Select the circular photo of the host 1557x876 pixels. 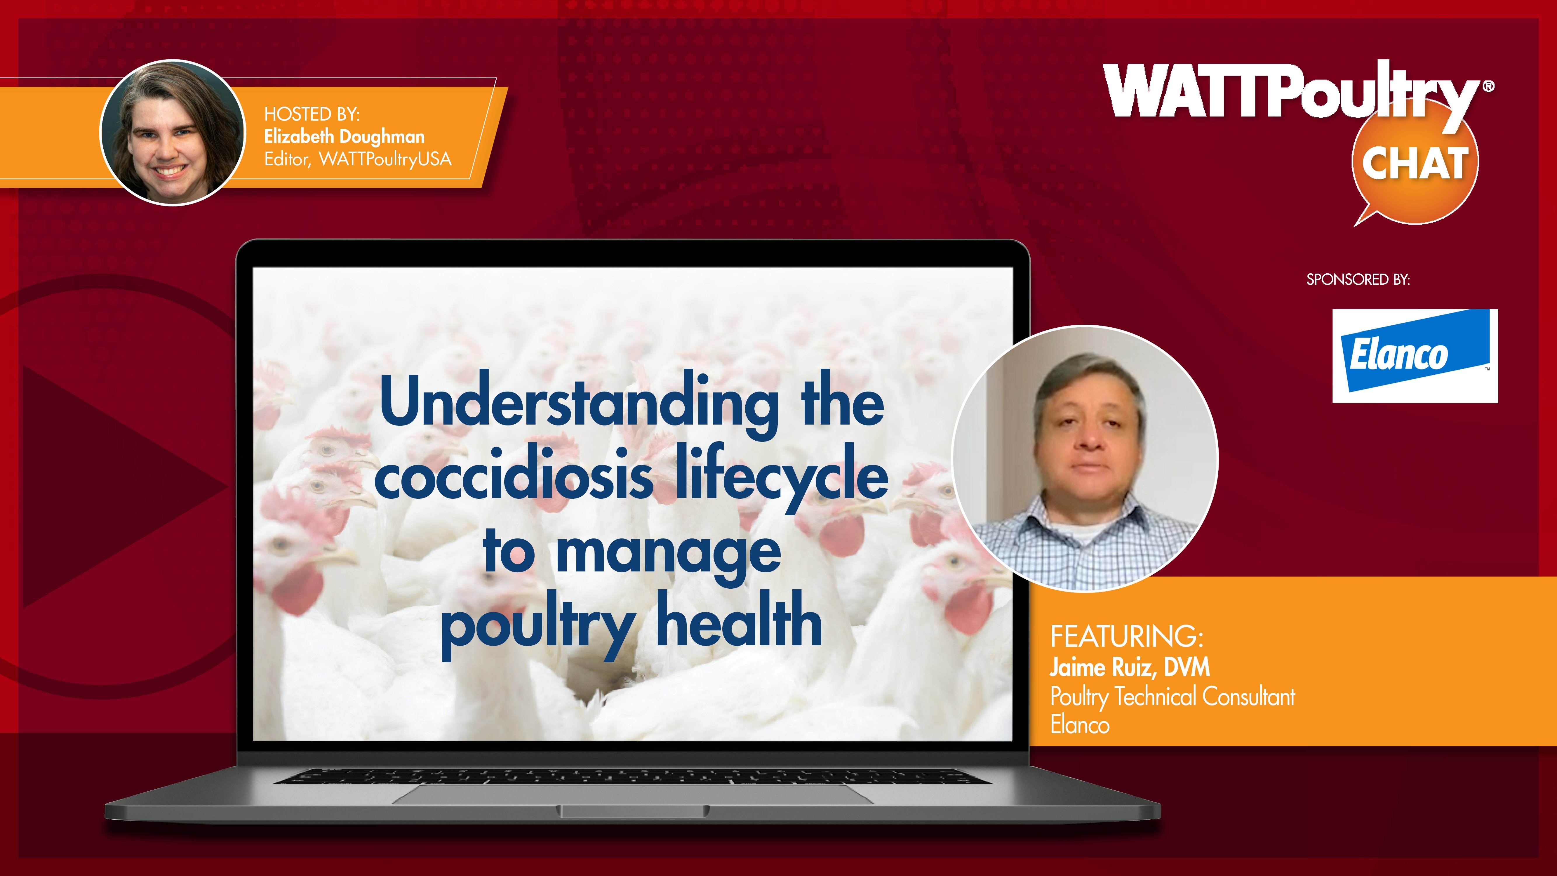coord(173,132)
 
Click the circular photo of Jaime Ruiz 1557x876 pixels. coord(1085,458)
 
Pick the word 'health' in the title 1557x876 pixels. coord(739,618)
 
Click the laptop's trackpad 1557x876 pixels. coord(633,794)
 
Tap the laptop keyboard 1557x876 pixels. coord(633,776)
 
